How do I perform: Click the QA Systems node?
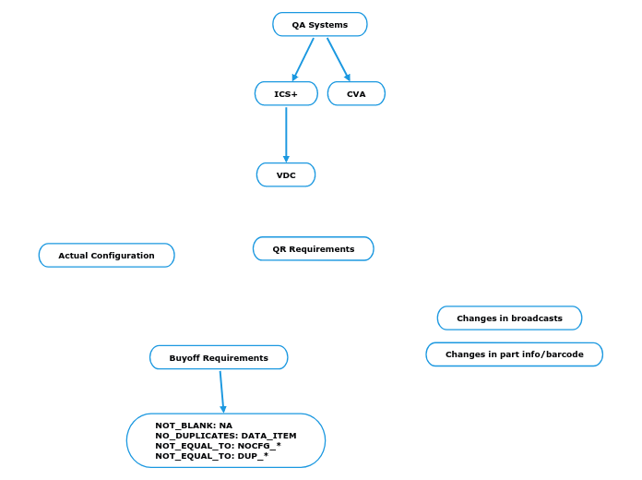pyautogui.click(x=319, y=25)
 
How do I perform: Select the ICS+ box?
pyautogui.click(x=286, y=94)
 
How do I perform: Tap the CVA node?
pyautogui.click(x=356, y=94)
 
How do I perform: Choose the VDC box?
pyautogui.click(x=286, y=175)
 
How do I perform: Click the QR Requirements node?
pyautogui.click(x=313, y=249)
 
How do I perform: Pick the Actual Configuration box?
pyautogui.click(x=106, y=256)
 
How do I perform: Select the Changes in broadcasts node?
pyautogui.click(x=509, y=318)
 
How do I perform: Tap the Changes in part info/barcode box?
pyautogui.click(x=514, y=354)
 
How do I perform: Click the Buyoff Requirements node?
pyautogui.click(x=219, y=358)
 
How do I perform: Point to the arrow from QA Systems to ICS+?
pyautogui.click(x=303, y=59)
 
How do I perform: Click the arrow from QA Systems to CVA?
pyautogui.click(x=339, y=59)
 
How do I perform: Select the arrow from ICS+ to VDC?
pyautogui.click(x=286, y=135)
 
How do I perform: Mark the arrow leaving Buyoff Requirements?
pyautogui.click(x=221, y=391)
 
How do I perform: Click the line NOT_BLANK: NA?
pyautogui.click(x=194, y=426)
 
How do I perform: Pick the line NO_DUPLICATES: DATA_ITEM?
pyautogui.click(x=225, y=436)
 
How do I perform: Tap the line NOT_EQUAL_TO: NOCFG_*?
pyautogui.click(x=218, y=446)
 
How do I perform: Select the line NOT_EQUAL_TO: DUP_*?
pyautogui.click(x=211, y=456)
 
